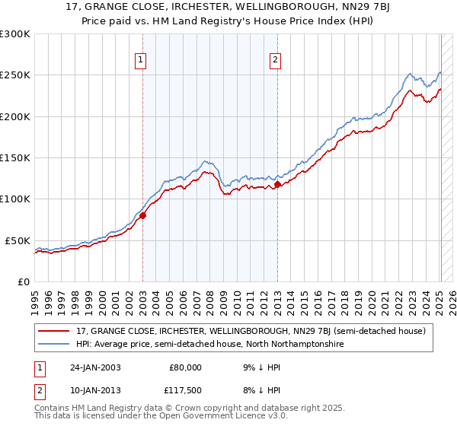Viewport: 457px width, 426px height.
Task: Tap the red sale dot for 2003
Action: [142, 215]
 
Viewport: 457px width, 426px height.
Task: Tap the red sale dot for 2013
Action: [277, 184]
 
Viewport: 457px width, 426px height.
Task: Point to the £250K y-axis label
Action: [15, 75]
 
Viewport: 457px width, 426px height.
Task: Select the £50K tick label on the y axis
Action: [18, 240]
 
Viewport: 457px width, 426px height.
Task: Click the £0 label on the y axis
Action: [25, 281]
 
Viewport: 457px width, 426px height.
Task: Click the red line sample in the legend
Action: [53, 331]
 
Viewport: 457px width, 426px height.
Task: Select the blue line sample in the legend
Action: [53, 345]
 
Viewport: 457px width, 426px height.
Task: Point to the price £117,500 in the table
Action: [185, 390]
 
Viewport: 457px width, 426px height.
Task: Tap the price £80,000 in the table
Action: [185, 367]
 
